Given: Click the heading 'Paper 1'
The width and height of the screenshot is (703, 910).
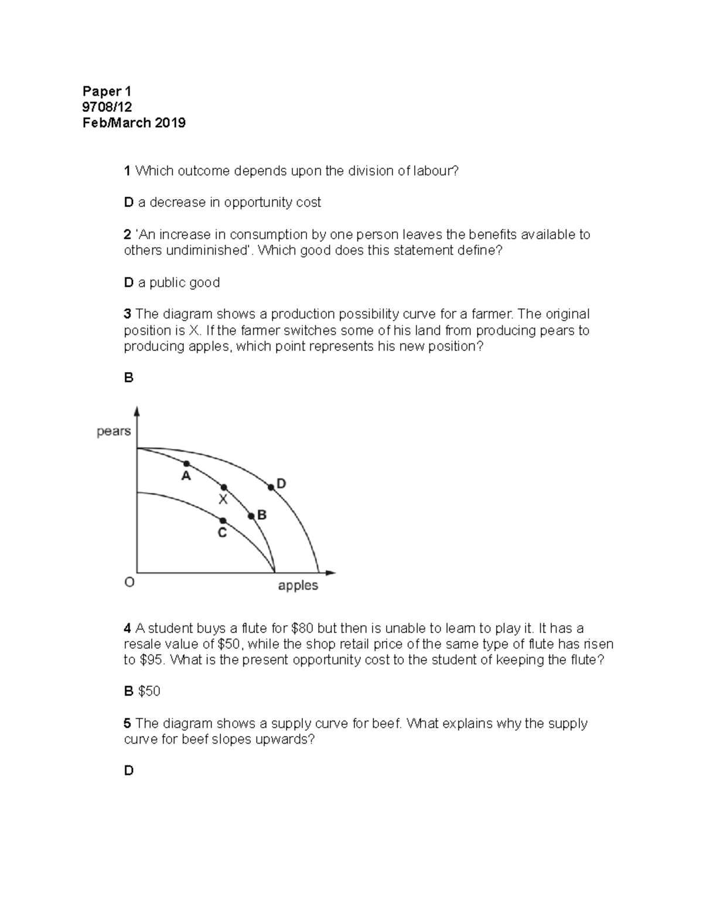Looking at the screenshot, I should pos(107,91).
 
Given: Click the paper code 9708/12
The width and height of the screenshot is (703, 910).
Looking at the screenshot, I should pos(107,107).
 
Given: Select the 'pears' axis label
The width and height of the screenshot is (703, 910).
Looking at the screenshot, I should pos(114,431).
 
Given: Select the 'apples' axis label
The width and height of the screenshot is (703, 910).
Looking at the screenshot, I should pos(298,585).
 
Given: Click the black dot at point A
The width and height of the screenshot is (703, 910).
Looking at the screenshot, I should pos(187,463).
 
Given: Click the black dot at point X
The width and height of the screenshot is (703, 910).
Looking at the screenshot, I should pos(223,488).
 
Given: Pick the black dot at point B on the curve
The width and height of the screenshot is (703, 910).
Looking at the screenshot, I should pos(251,516).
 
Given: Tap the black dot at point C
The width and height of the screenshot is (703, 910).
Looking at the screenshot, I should pos(223,520).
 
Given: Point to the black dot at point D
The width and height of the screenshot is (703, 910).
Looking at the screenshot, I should pos(271,487).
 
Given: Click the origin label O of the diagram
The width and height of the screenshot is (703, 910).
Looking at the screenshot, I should pos(129,582).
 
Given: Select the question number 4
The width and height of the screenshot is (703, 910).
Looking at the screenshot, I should pos(127,629).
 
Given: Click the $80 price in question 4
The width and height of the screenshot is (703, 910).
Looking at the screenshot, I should pos(302,629).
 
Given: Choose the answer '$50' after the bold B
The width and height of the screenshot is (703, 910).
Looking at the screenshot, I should pos(149,691).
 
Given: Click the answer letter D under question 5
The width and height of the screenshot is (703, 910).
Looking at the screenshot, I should pos(128,771).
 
